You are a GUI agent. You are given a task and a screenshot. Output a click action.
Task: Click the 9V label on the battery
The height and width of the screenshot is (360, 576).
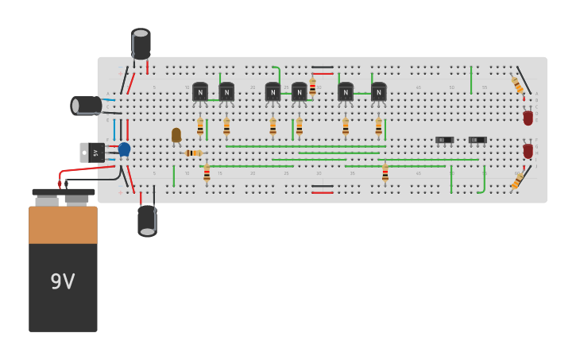[63, 282]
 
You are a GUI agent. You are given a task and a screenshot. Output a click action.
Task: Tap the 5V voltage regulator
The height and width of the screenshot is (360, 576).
[93, 152]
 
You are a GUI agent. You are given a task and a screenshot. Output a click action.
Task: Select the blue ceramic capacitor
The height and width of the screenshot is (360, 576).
[124, 149]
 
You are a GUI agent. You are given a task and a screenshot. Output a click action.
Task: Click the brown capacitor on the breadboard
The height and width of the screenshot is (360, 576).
[176, 135]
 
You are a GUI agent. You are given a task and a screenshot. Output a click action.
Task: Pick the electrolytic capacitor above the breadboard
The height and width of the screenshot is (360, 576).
[141, 44]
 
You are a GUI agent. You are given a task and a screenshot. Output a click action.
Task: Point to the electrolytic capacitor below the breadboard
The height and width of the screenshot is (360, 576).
[147, 220]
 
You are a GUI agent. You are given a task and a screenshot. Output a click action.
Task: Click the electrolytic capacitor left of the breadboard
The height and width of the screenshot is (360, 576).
[87, 105]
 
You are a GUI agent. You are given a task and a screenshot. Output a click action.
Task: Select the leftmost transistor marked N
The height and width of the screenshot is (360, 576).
[200, 93]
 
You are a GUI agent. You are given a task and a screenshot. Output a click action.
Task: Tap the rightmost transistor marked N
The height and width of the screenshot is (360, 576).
[378, 93]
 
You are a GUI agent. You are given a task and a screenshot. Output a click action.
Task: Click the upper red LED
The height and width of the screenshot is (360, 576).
[528, 118]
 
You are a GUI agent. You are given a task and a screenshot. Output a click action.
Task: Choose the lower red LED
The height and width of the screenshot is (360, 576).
[528, 151]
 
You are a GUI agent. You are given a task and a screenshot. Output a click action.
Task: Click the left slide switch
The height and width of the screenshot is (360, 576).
[444, 141]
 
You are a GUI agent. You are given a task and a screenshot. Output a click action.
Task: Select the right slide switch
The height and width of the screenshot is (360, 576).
[477, 141]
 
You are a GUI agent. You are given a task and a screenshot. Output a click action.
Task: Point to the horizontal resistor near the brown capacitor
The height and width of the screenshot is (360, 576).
[193, 153]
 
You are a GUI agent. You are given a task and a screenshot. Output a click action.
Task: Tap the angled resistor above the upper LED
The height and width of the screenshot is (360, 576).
[517, 84]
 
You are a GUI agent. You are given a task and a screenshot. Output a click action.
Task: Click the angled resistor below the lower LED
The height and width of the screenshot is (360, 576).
[517, 181]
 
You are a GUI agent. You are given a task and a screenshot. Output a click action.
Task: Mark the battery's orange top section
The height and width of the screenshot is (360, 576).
[63, 224]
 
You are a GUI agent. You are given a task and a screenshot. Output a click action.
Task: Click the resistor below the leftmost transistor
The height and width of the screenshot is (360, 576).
[200, 127]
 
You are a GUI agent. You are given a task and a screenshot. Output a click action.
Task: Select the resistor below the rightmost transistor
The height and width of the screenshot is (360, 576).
[378, 127]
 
